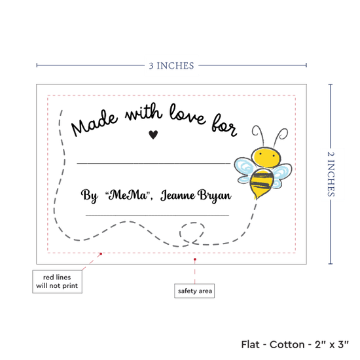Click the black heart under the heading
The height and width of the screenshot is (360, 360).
[x=153, y=135]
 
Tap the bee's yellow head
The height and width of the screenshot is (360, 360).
[x=266, y=158]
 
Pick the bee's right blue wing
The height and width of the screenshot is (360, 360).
[x=281, y=175]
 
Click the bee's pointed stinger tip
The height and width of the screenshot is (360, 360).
[x=256, y=198]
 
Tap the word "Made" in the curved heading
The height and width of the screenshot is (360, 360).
[x=95, y=122]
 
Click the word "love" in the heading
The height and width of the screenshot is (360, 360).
[x=187, y=115]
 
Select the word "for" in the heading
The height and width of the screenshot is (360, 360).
[x=224, y=126]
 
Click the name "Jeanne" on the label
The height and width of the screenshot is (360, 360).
[x=178, y=196]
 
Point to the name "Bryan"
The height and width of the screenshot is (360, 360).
[x=215, y=196]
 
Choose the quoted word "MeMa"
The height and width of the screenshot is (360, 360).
[x=129, y=195]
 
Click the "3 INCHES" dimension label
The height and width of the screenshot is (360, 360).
[x=171, y=66]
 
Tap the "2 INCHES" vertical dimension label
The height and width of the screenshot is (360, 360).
[x=331, y=174]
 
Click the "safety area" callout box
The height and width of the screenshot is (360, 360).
[x=194, y=291]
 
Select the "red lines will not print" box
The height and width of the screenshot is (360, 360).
[x=57, y=281]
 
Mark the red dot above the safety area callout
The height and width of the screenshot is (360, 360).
[x=194, y=259]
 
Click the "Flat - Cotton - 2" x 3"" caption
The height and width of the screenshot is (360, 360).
[x=295, y=344]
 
